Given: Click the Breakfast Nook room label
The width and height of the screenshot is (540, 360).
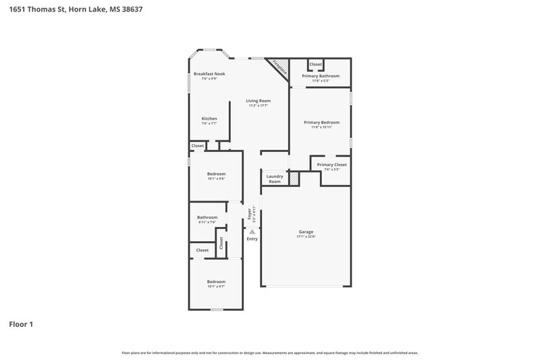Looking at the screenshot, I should tap(209, 74).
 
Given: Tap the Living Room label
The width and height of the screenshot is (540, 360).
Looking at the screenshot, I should tap(258, 101).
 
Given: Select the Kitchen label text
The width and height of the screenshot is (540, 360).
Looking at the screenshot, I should tap(209, 118).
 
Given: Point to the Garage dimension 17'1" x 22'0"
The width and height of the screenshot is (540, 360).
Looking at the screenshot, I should tap(306, 236).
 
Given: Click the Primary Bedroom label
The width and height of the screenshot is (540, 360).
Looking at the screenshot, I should tap(321, 122).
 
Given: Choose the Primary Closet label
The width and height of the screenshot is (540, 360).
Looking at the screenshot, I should tap(331, 164).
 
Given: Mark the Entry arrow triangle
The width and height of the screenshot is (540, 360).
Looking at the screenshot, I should tap(252, 231).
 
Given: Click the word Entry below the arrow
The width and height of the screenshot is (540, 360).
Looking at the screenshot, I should tap(252, 238).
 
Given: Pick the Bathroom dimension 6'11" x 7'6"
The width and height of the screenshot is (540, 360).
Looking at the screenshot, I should tap(207, 222).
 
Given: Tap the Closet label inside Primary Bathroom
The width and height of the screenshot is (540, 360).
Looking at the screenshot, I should tap(315, 65).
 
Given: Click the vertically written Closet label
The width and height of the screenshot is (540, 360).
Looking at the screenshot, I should tap(220, 242).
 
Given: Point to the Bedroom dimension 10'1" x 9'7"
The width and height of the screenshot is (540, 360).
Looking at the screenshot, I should tap(216, 286).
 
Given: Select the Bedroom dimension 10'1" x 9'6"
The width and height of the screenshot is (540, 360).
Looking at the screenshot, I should tap(216, 179).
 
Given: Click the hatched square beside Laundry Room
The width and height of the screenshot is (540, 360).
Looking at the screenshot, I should tap(294, 178).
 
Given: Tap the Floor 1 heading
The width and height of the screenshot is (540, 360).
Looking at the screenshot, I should tap(21, 324).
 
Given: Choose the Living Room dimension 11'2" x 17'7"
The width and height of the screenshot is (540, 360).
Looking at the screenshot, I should tap(259, 105).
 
